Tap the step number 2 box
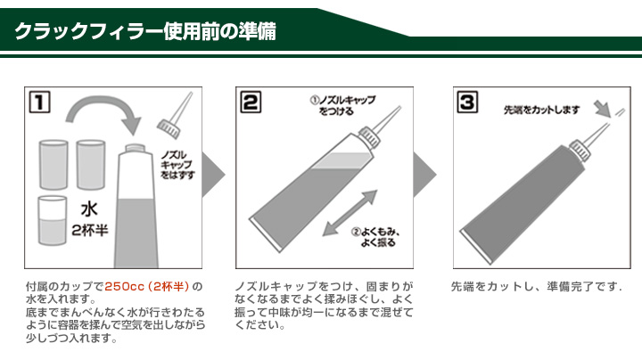[x=251, y=102]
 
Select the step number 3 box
[x=466, y=102]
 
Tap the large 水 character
[x=89, y=210]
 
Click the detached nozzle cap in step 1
[x=175, y=115]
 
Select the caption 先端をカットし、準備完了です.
[x=536, y=287]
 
